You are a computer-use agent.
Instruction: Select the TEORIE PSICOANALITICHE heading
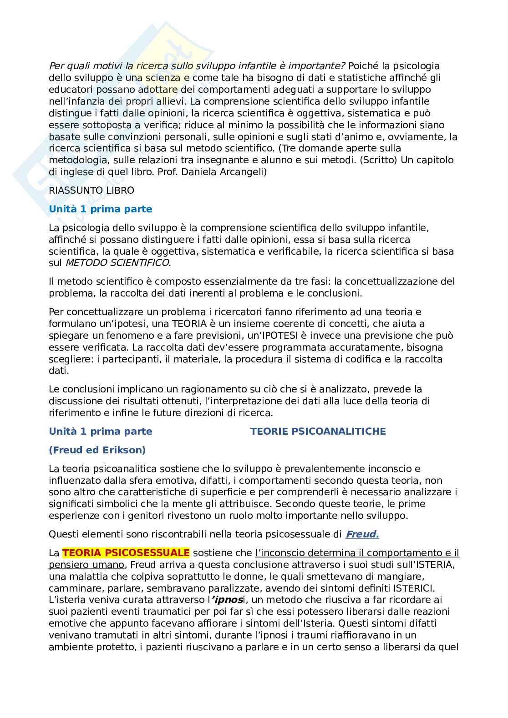(x=318, y=432)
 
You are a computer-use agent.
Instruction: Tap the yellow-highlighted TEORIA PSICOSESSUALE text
(x=126, y=553)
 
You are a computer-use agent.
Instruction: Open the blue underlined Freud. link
(x=362, y=534)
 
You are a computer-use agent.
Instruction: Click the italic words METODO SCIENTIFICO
(x=117, y=263)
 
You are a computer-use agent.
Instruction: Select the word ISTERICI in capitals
(x=411, y=588)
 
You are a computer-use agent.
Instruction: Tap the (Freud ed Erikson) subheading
(x=97, y=450)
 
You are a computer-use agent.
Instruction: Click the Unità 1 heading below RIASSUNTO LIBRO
(x=101, y=209)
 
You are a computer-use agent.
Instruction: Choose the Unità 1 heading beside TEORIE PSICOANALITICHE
(x=101, y=432)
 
